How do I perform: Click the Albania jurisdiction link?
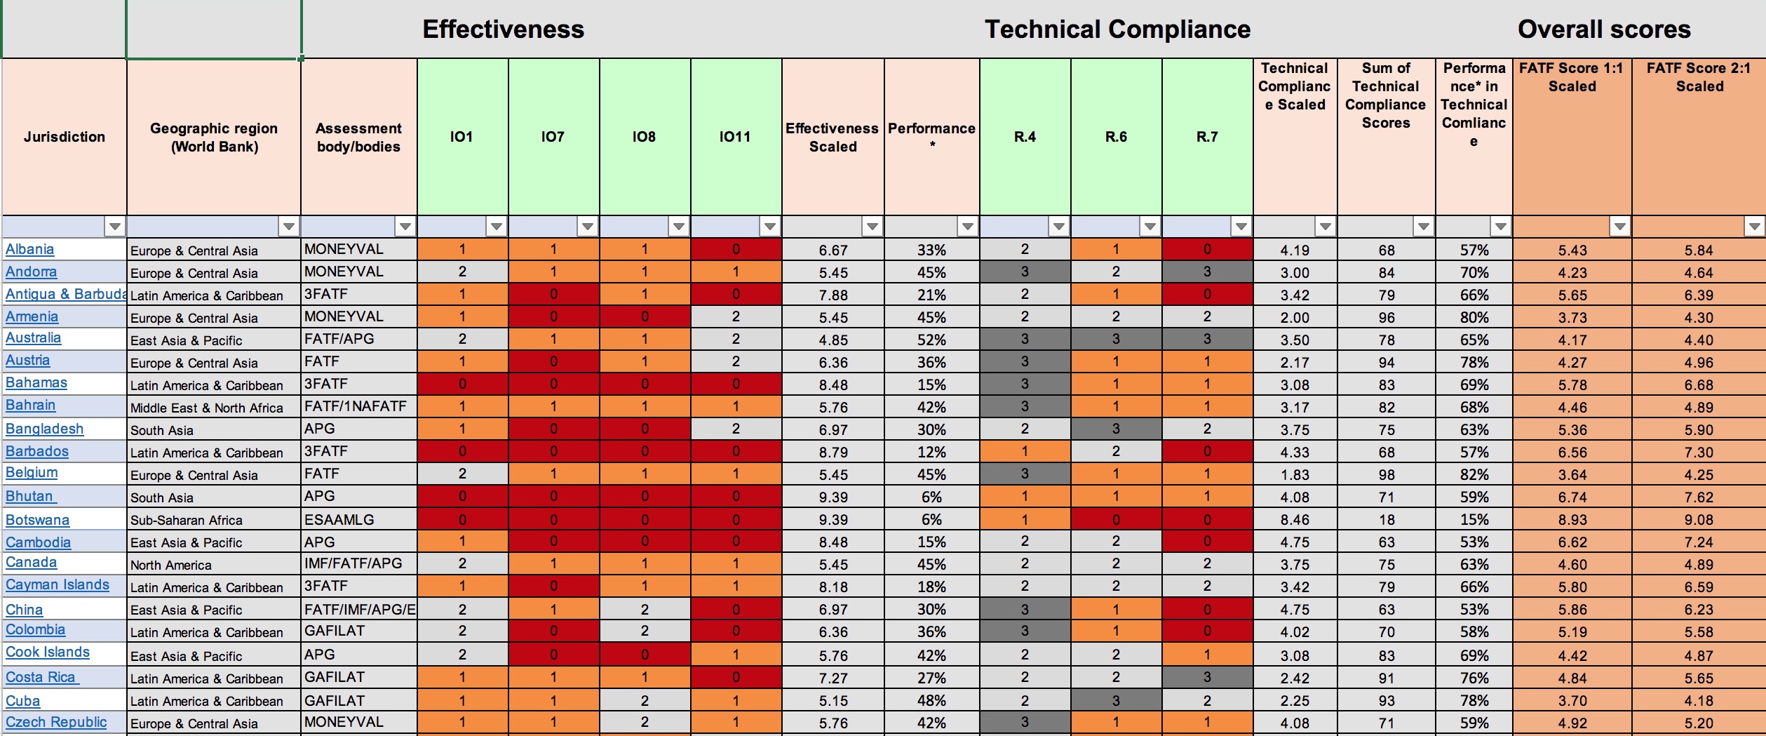tap(29, 249)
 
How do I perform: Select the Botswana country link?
tap(37, 520)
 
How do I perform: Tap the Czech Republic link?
tap(56, 722)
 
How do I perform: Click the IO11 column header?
tap(735, 137)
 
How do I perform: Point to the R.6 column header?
tap(1116, 137)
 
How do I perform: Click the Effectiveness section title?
tap(503, 29)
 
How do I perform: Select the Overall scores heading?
tap(1604, 29)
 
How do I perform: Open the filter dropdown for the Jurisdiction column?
tap(115, 227)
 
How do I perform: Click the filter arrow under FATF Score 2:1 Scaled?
tap(1754, 227)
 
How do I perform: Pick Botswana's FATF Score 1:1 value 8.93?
tap(1572, 520)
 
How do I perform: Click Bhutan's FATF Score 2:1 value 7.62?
tap(1699, 497)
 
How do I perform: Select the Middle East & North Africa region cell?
tap(206, 408)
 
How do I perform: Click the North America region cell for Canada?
tap(170, 565)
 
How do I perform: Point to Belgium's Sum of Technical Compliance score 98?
tap(1386, 475)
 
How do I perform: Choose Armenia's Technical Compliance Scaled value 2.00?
tap(1294, 318)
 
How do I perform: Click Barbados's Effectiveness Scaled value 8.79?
tap(833, 453)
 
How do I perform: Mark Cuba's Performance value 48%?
tap(931, 701)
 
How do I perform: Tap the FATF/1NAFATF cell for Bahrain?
tap(355, 406)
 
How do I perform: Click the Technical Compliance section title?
tap(1117, 29)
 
